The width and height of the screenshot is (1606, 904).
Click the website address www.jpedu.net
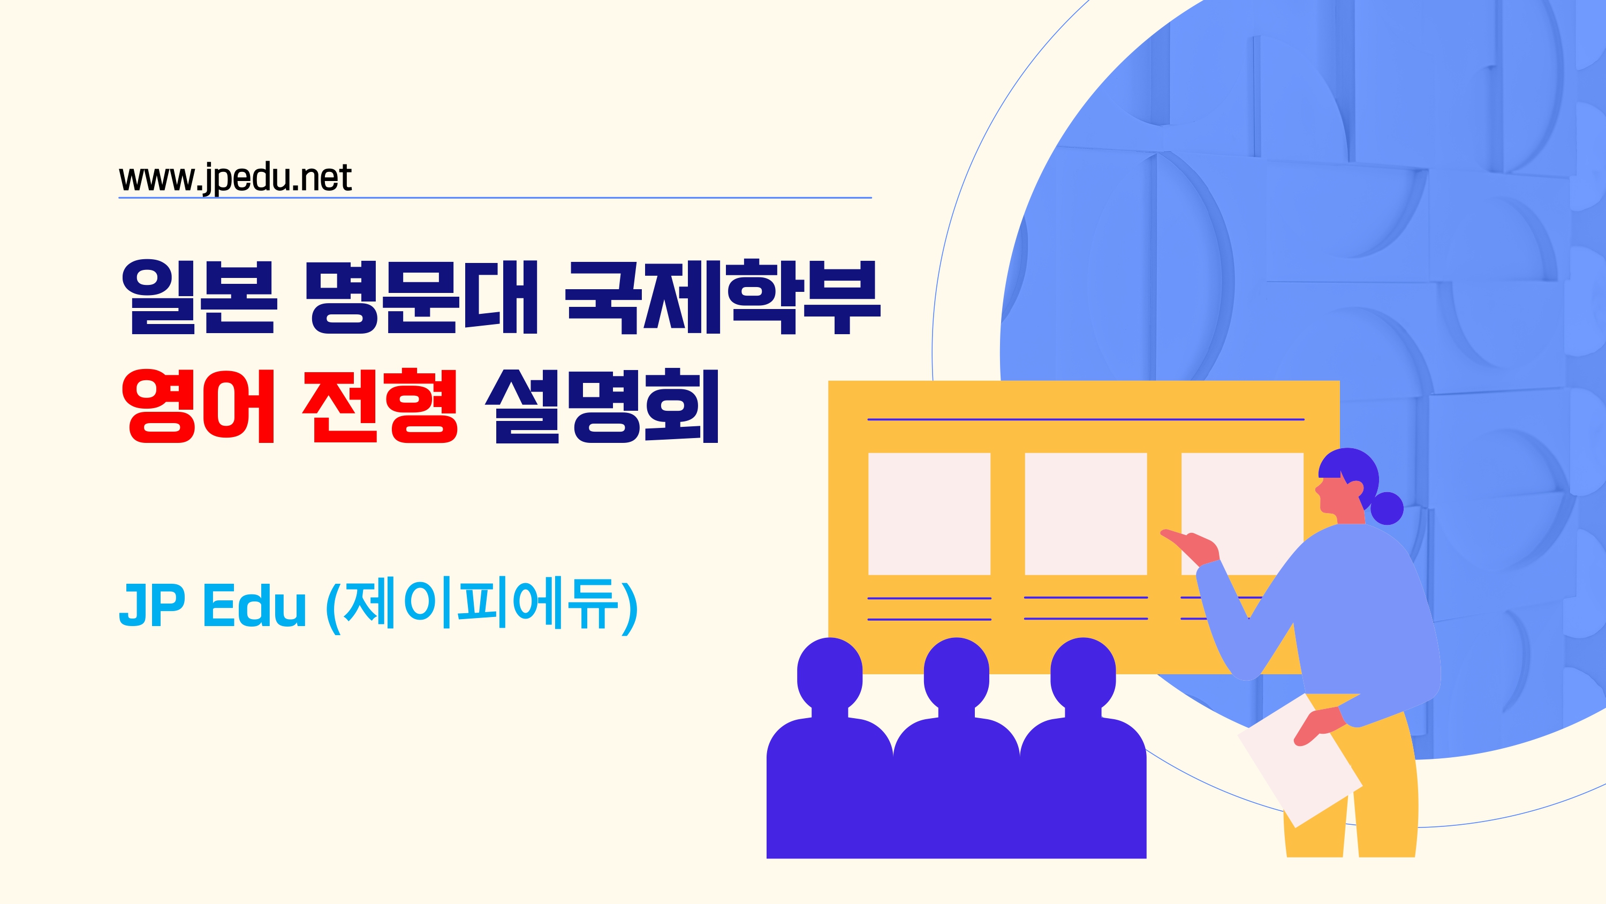coord(235,178)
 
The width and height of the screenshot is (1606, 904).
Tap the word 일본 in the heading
coord(198,297)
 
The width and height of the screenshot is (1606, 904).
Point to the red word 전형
coord(380,405)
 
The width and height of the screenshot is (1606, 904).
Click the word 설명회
coord(602,405)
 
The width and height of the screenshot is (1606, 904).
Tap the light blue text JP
coord(151,605)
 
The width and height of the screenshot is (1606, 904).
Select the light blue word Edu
coord(255,605)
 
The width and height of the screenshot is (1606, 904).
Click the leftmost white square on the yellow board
coord(929,514)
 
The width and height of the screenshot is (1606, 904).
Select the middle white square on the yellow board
coord(1086,514)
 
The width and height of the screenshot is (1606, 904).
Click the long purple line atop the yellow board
coord(1086,419)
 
